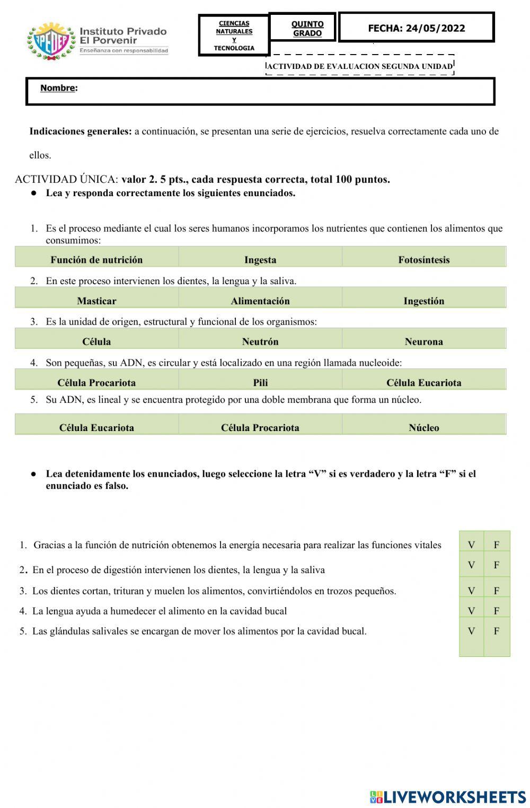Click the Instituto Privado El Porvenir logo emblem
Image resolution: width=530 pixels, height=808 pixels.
[x=51, y=40]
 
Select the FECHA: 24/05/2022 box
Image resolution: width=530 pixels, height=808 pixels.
[x=416, y=28]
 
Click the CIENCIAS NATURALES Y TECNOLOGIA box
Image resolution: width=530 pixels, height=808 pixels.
[x=234, y=36]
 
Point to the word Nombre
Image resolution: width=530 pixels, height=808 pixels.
[x=58, y=89]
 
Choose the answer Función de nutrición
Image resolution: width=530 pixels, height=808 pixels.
[x=96, y=259]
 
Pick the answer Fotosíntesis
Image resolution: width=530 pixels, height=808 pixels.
[x=423, y=259]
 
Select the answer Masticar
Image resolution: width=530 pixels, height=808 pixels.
[x=96, y=301]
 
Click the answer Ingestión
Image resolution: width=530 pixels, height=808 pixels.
[x=423, y=301]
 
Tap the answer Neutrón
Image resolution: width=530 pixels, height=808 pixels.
[x=260, y=341]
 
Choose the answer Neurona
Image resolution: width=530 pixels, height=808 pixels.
[x=423, y=341]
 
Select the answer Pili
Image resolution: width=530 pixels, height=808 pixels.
[x=260, y=382]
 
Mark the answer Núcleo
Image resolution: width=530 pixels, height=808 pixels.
[x=423, y=427]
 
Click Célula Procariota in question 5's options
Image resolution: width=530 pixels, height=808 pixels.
[x=260, y=427]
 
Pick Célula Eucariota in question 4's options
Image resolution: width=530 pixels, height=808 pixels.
[x=423, y=382]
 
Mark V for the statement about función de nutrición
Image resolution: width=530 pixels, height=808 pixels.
[x=471, y=544]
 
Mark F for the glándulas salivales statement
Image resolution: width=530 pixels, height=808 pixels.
[x=497, y=631]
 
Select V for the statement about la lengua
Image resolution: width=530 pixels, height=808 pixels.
[x=471, y=611]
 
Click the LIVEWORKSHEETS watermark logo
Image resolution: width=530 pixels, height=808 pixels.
[x=448, y=796]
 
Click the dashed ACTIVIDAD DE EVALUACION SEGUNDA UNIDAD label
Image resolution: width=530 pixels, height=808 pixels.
[x=360, y=66]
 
